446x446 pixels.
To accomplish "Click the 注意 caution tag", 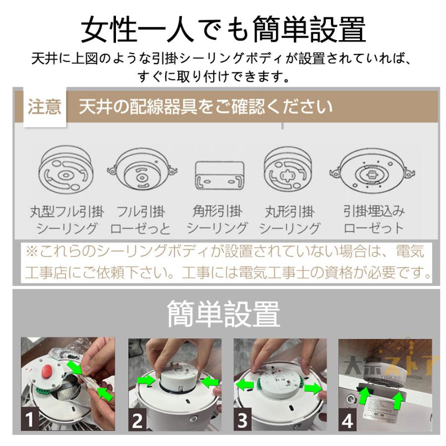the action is click(45, 107).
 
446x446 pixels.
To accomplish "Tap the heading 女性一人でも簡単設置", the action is click(223, 29).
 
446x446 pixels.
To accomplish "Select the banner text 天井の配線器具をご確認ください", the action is click(206, 107).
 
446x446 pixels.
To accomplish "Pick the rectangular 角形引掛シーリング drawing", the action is click(220, 175).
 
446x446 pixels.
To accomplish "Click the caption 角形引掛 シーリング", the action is click(217, 220).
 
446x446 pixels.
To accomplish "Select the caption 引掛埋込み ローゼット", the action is click(374, 220).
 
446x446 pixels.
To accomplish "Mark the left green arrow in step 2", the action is click(147, 381).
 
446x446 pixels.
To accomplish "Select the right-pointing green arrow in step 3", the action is click(313, 389).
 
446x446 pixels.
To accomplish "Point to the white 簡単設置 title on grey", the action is click(223, 314).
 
